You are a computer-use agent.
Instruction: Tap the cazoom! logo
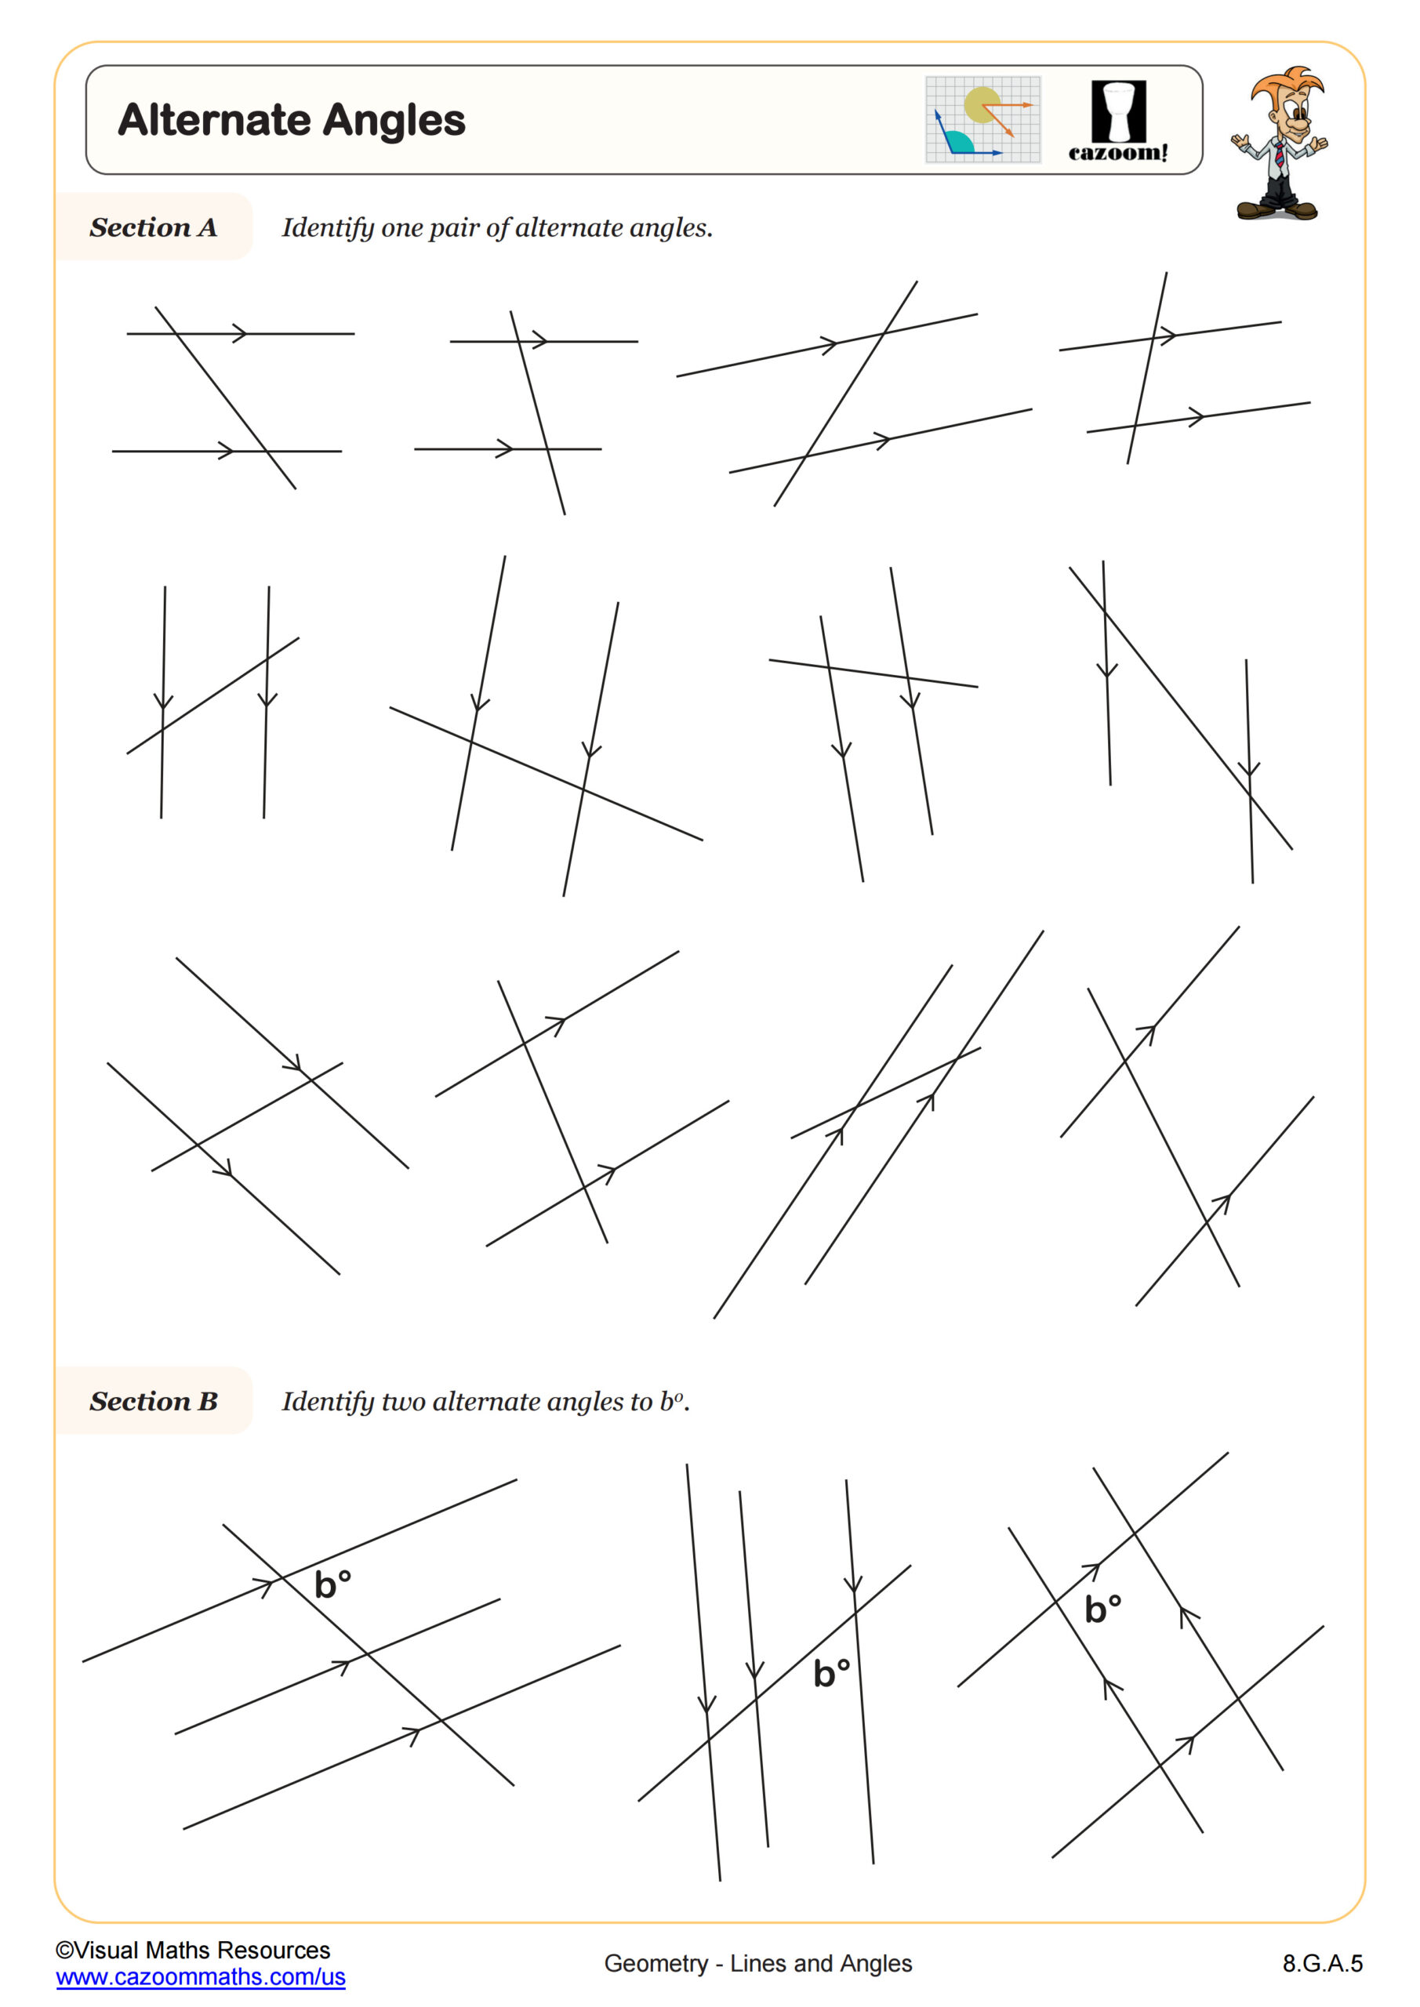(x=1117, y=121)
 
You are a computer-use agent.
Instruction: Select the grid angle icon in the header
(x=982, y=120)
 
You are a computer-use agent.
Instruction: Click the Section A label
(x=153, y=227)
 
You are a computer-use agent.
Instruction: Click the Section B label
(x=153, y=1401)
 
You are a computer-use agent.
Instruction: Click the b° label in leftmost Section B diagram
(x=332, y=1584)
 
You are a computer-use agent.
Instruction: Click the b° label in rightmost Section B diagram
(x=1102, y=1609)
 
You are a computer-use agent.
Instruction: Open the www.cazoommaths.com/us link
(x=200, y=1976)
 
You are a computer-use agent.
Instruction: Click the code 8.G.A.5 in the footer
(x=1322, y=1963)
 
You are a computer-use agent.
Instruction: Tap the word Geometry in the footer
(x=656, y=1963)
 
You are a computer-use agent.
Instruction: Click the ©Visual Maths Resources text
(x=193, y=1951)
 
